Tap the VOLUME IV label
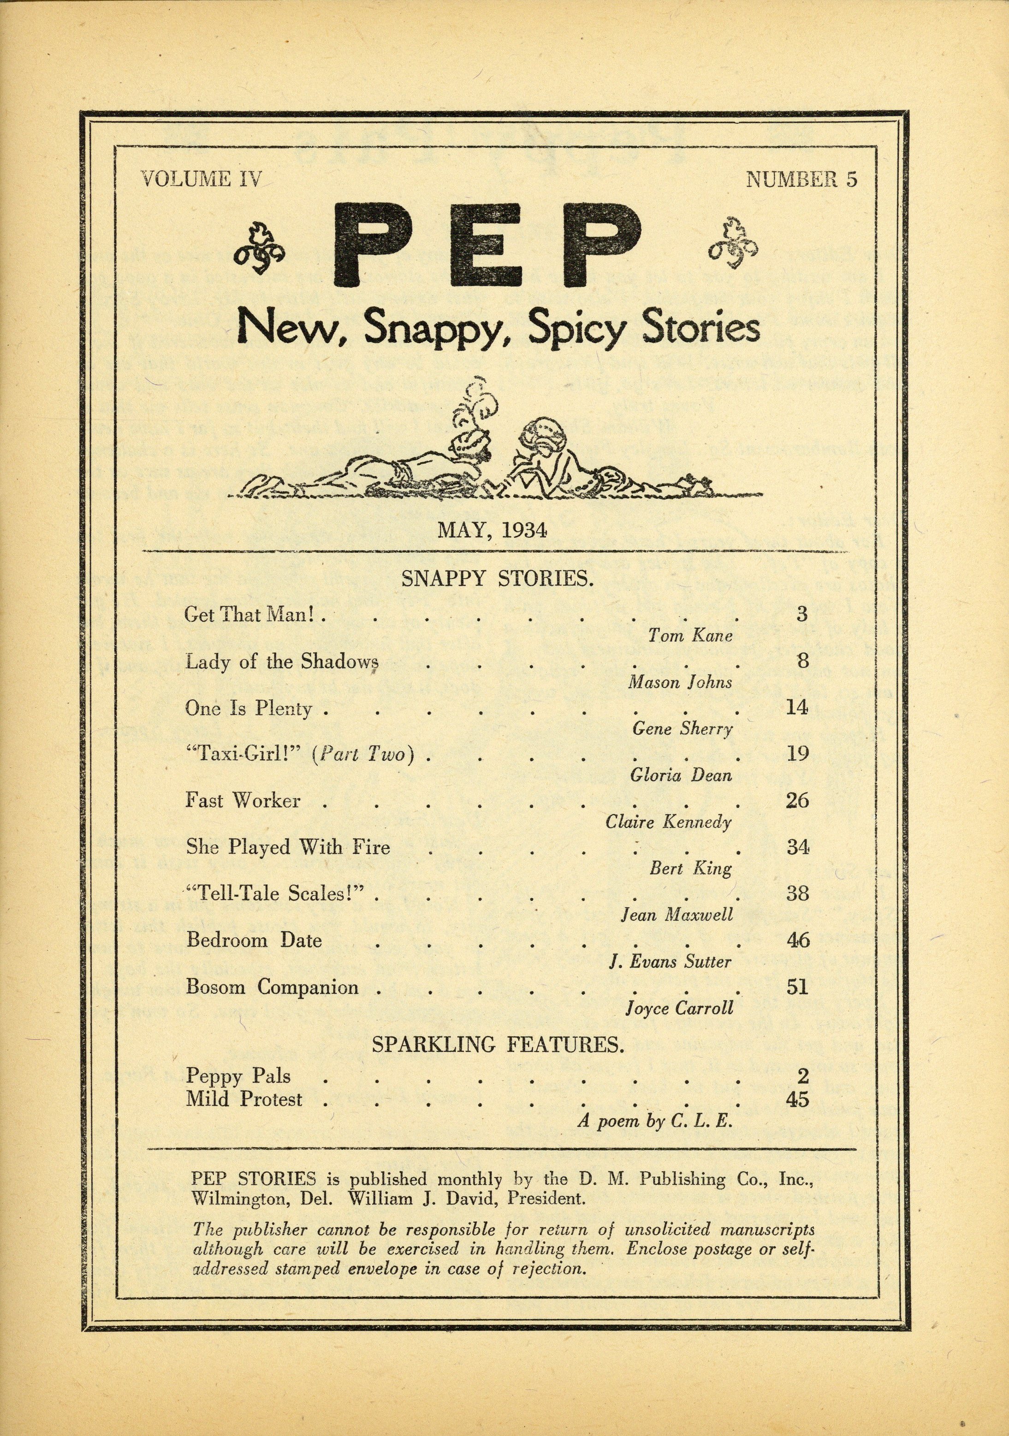click(200, 179)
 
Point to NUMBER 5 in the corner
click(801, 179)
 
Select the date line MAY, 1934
click(492, 530)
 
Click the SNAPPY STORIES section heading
click(497, 578)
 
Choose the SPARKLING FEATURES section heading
click(498, 1045)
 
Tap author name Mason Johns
click(680, 682)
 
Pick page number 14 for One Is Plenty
click(797, 707)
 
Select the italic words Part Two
click(364, 754)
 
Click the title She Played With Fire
click(288, 847)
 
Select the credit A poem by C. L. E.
click(654, 1121)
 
